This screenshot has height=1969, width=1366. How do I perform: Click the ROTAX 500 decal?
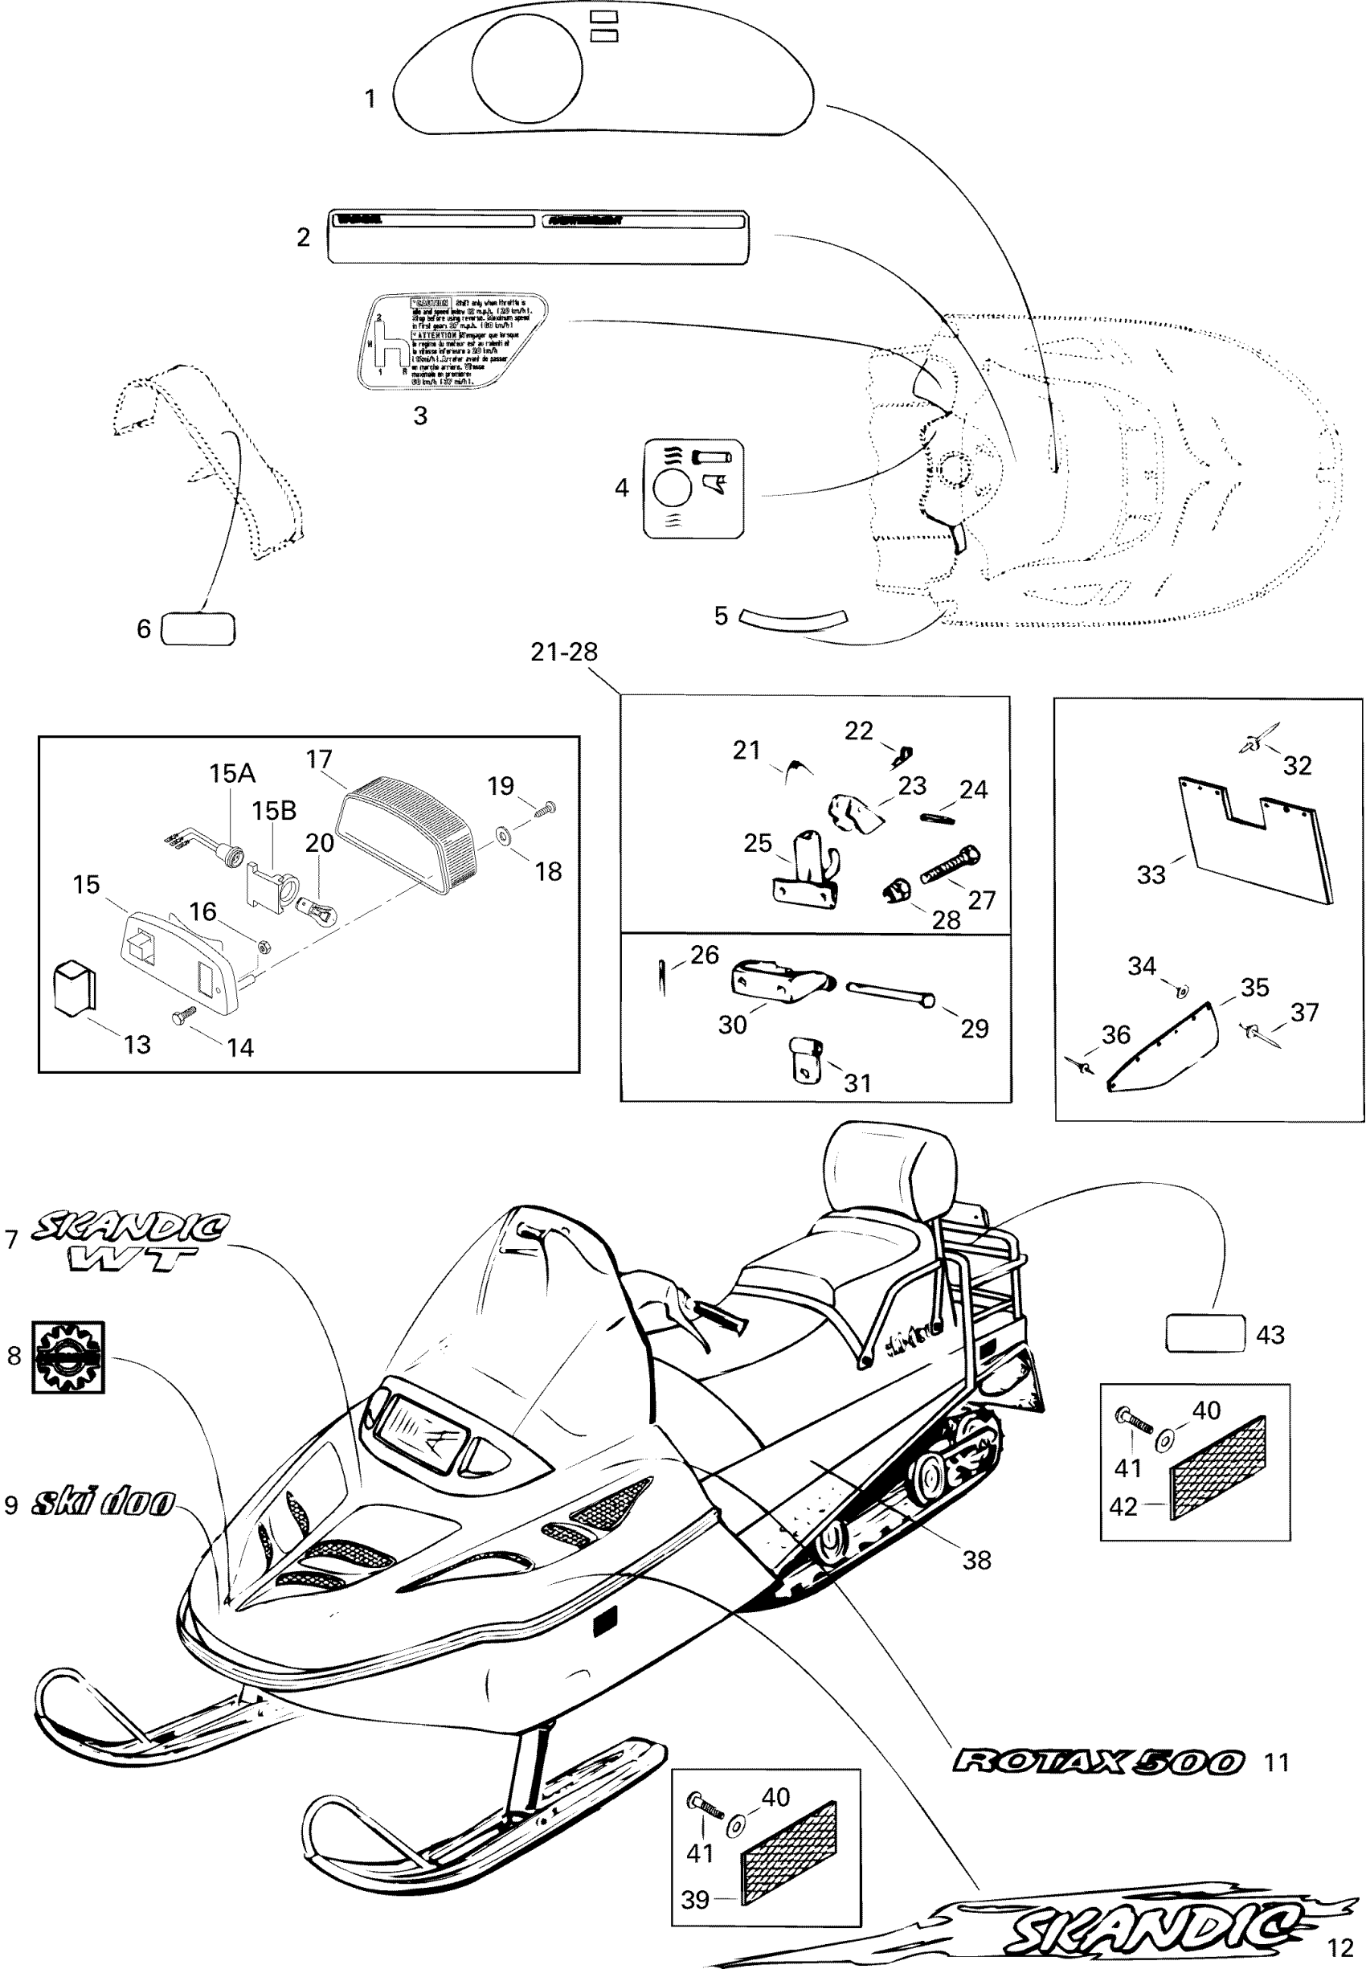click(x=1098, y=1761)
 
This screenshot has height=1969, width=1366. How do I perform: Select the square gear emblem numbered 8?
click(x=68, y=1357)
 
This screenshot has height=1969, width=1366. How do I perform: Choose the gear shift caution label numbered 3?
click(x=452, y=341)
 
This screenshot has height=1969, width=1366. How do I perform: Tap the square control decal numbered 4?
click(x=693, y=489)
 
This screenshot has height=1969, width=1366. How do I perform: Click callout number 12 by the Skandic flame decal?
click(x=1339, y=1948)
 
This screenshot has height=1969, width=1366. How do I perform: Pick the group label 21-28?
click(x=564, y=652)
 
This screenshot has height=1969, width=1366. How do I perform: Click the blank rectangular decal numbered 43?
click(x=1205, y=1333)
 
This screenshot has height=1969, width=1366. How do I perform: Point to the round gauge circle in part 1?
click(x=526, y=66)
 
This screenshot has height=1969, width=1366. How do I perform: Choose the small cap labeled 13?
click(x=76, y=989)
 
